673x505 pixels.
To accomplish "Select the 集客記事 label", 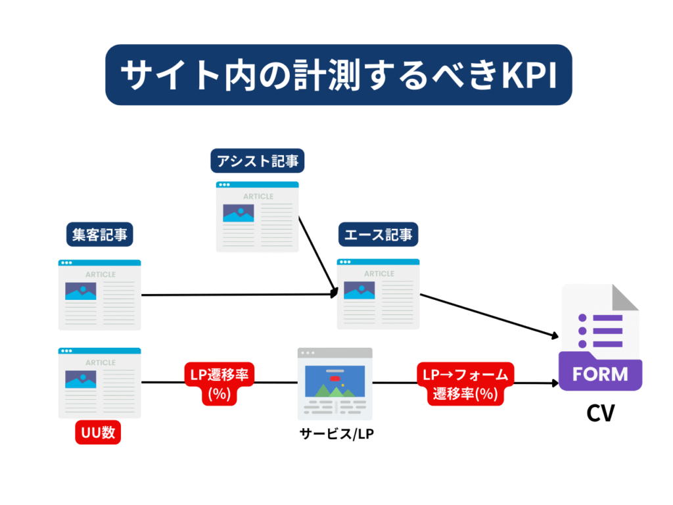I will tap(99, 235).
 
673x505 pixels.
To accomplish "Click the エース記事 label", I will tap(379, 235).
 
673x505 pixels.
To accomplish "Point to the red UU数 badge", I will tap(99, 433).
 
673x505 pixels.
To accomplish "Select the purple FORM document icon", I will tap(599, 338).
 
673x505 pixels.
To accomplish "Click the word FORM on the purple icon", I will tap(599, 374).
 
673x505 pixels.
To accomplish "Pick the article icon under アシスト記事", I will tap(258, 216).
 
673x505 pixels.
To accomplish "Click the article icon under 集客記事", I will tap(99, 294).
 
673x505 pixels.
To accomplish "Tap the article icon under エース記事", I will tap(379, 293).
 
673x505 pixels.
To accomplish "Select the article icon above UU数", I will tap(99, 383).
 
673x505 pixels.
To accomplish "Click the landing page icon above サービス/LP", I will tap(335, 383).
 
